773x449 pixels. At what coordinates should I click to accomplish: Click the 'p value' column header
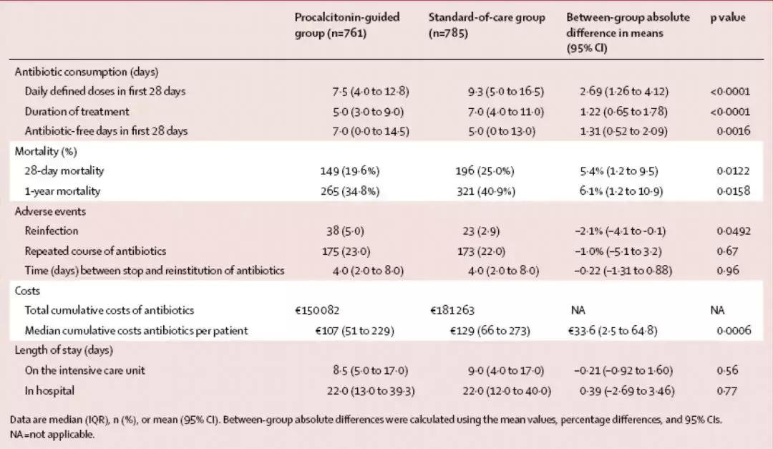point(727,17)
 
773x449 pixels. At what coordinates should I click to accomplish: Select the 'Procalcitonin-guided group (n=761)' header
point(347,25)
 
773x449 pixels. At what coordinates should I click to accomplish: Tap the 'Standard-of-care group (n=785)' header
point(486,25)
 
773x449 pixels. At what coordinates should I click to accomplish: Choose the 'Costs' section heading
point(28,291)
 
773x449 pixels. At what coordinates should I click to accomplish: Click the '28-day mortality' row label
point(64,171)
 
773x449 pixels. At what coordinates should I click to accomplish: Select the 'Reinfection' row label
point(52,231)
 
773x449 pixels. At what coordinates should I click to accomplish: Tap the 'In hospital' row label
point(49,391)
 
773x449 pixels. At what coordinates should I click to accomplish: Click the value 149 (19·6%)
point(350,171)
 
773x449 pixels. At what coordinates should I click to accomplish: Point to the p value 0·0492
point(734,231)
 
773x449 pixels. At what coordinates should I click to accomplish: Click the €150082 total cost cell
point(318,310)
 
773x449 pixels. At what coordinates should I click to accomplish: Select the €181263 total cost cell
point(452,310)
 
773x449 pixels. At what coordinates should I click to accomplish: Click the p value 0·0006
point(734,331)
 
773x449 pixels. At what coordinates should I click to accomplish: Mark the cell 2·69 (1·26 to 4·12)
point(624,91)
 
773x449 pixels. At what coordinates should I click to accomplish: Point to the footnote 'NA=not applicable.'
point(52,434)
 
